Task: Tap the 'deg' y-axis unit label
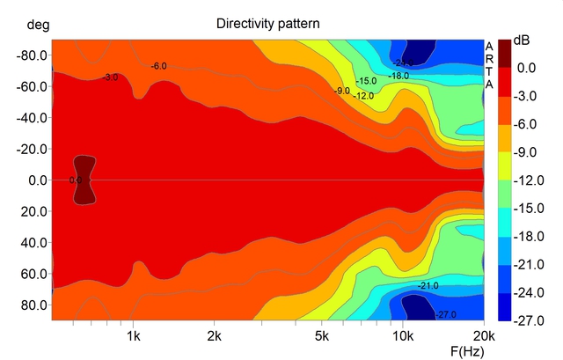[x=38, y=24]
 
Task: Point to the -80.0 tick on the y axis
[x=32, y=55]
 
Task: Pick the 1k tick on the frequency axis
[x=134, y=336]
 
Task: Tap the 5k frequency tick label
[x=322, y=336]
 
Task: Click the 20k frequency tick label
[x=484, y=336]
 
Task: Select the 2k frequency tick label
[x=214, y=336]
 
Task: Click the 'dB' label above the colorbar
[x=522, y=40]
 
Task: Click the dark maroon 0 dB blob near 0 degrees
[x=83, y=180]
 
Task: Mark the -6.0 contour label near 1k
[x=158, y=67]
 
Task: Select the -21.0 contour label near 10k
[x=428, y=287]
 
